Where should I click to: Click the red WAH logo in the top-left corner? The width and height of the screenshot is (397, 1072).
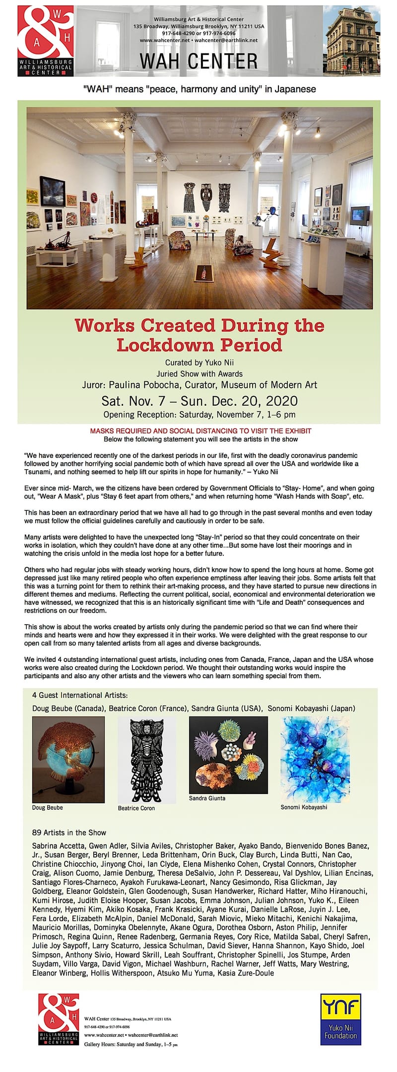pos(45,41)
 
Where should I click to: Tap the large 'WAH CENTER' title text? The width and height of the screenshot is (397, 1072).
pos(198,61)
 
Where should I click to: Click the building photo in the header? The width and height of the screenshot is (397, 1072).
pos(352,41)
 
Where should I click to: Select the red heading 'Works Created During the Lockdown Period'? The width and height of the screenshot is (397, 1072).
pos(199,335)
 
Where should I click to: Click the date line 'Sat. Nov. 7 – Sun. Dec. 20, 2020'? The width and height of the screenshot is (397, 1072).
pos(199,401)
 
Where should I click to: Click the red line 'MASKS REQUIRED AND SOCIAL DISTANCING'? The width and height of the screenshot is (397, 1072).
pos(200,431)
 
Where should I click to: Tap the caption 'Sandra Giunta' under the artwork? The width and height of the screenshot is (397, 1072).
pos(207,798)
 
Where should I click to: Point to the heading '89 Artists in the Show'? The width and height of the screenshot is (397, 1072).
pos(69,832)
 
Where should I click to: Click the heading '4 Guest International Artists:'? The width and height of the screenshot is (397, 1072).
pos(80,695)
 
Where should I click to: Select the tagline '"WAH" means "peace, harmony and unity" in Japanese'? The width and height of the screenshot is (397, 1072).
pos(199,89)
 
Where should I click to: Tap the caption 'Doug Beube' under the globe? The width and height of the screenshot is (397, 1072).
pos(48,807)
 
